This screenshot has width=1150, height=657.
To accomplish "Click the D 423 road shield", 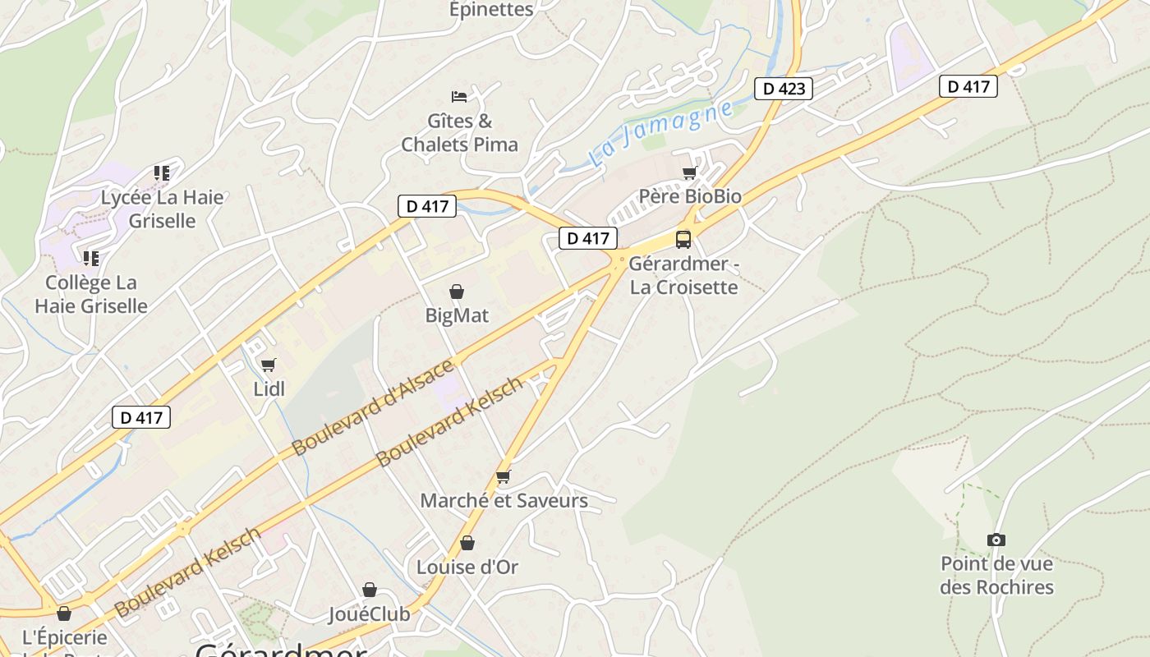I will pyautogui.click(x=784, y=89).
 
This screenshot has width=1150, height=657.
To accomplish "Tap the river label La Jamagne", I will pyautogui.click(x=661, y=133).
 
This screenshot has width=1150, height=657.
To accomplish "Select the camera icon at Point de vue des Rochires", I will pyautogui.click(x=996, y=540).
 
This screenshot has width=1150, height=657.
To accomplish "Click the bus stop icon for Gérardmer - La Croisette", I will pyautogui.click(x=683, y=239).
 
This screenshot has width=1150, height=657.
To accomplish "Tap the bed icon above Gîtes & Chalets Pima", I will pyautogui.click(x=459, y=97).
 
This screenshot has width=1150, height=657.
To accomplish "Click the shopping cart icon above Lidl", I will pyautogui.click(x=269, y=365).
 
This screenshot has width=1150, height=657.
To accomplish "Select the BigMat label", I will pyautogui.click(x=457, y=315).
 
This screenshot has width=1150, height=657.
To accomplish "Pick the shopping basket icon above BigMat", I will pyautogui.click(x=457, y=292).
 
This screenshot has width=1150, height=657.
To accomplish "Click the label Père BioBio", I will pyautogui.click(x=690, y=196).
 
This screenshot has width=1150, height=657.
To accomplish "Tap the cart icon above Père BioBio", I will pyautogui.click(x=690, y=172).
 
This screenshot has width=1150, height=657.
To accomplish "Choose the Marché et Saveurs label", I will pyautogui.click(x=504, y=500).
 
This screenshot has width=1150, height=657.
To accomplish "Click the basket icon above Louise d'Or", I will pyautogui.click(x=467, y=543).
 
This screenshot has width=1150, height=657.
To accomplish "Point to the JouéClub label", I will pyautogui.click(x=369, y=613).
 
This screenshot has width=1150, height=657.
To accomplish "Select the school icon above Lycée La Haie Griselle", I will pyautogui.click(x=162, y=173).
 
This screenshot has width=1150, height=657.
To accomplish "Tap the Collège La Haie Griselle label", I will pyautogui.click(x=91, y=294).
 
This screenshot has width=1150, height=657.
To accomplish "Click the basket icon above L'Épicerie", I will pyautogui.click(x=64, y=613).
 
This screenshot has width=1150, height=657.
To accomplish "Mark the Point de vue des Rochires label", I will pyautogui.click(x=996, y=575).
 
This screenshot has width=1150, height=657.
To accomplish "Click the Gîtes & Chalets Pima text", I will pyautogui.click(x=459, y=133).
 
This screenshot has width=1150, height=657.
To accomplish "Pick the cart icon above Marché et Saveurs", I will pyautogui.click(x=504, y=476).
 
